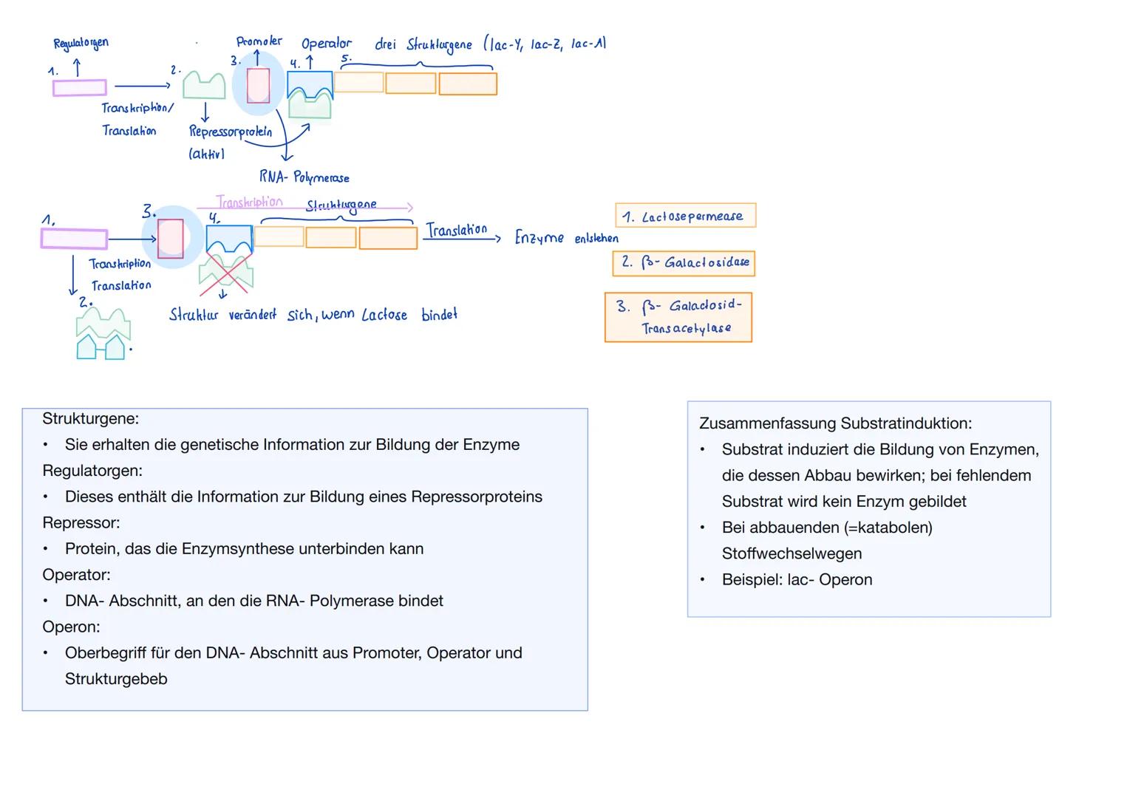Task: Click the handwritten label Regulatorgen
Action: tap(81, 43)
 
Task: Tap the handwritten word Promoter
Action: tap(259, 41)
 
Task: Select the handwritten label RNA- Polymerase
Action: tap(304, 177)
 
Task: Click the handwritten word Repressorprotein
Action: tap(231, 132)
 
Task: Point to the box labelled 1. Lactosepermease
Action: tap(685, 216)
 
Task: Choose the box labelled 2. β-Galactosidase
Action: tap(684, 263)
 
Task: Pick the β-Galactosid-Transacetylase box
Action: tap(678, 317)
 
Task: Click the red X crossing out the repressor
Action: tap(226, 271)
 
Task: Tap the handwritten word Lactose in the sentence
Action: tap(384, 315)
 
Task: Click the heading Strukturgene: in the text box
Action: tap(90, 419)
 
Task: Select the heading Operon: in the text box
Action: tap(71, 627)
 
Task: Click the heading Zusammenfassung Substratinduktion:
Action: tap(835, 423)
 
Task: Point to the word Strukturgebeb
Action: tap(116, 679)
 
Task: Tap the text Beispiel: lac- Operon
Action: tap(797, 579)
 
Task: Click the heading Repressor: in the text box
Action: tap(81, 522)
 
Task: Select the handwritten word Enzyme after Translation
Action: tap(539, 238)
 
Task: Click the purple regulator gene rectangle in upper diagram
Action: tap(80, 88)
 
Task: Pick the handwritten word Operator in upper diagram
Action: tap(326, 44)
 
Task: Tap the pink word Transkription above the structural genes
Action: tap(249, 202)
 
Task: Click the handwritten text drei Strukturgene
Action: tap(423, 44)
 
